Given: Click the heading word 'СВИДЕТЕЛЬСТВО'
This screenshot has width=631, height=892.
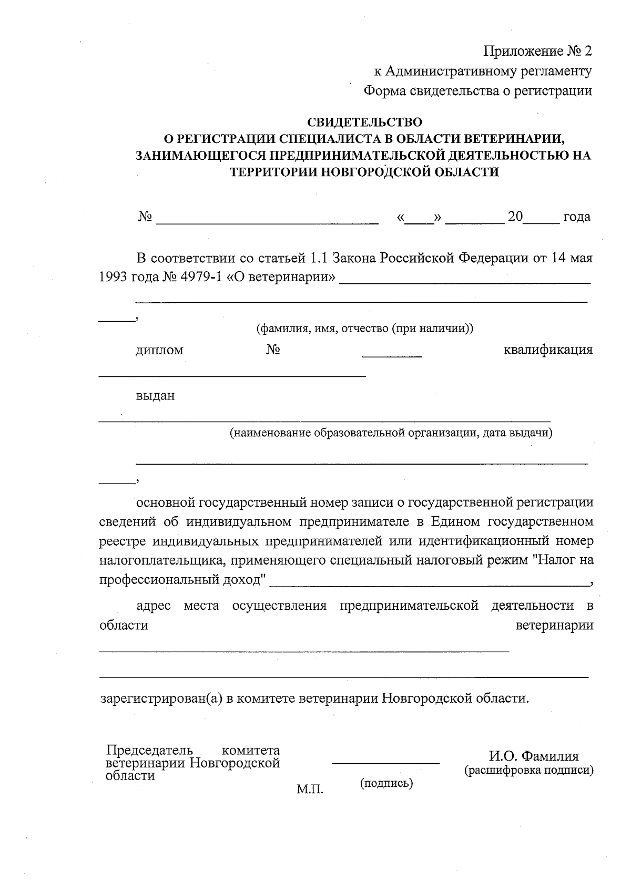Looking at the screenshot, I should [x=364, y=122].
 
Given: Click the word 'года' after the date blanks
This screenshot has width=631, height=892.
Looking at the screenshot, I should [x=577, y=217].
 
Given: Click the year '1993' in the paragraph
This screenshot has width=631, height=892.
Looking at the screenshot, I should [x=113, y=277].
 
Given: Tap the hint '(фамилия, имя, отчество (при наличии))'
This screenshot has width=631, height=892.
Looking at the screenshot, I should [x=364, y=329].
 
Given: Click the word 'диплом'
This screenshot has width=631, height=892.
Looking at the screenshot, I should [x=160, y=350].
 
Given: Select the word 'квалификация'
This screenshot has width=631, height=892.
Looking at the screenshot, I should [x=548, y=350].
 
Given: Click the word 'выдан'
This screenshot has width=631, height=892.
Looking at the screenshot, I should [x=156, y=396].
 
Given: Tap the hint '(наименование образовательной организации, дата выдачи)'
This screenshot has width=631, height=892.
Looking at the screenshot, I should [x=390, y=433].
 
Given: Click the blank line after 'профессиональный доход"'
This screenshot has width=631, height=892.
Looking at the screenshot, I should [x=431, y=585].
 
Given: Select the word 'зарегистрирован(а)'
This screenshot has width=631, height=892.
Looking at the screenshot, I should [x=161, y=699].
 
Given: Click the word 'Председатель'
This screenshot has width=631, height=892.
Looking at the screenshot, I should [x=149, y=750].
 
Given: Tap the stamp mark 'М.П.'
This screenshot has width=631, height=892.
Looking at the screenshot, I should [x=310, y=790].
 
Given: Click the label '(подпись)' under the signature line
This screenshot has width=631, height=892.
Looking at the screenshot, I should [x=386, y=783].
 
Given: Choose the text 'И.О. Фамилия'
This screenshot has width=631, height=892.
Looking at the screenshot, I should [x=534, y=756].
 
